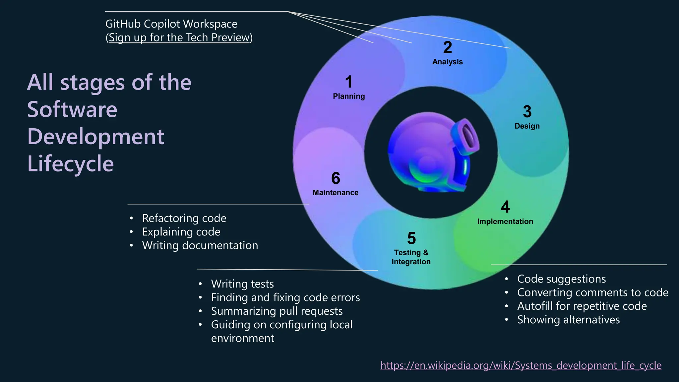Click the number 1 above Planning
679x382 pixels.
click(348, 82)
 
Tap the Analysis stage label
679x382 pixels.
click(447, 62)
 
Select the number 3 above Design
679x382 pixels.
click(527, 112)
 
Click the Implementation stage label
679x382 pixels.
click(505, 222)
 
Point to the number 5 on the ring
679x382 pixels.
click(411, 238)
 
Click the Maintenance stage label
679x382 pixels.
click(335, 193)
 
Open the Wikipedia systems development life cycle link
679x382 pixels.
click(521, 365)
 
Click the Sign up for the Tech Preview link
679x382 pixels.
click(179, 37)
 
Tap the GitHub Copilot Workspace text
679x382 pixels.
click(171, 24)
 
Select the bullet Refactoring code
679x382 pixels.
click(184, 218)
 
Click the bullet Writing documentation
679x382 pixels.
click(200, 245)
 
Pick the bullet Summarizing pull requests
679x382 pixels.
click(277, 311)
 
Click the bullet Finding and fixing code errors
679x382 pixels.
click(285, 297)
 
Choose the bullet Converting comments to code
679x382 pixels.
click(592, 292)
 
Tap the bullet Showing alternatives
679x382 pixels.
click(568, 320)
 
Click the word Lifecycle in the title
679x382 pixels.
click(70, 164)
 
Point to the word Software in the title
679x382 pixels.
click(72, 109)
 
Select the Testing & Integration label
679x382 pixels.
click(411, 257)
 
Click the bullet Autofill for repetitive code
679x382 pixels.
click(582, 306)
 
